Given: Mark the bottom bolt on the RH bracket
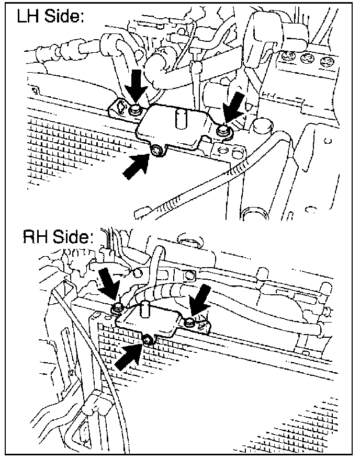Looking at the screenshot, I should point(149,339).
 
